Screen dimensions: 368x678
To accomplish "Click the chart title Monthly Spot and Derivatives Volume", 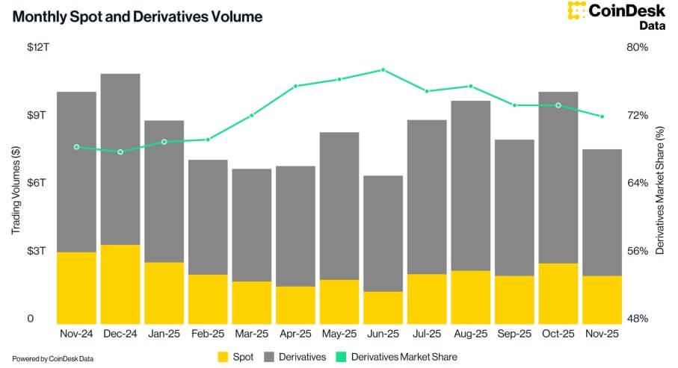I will (x=137, y=16).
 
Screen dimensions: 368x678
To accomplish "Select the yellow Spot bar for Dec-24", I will (x=120, y=283).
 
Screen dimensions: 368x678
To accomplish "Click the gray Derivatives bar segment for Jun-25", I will (x=383, y=233).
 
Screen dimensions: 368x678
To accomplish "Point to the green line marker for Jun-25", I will (x=383, y=69).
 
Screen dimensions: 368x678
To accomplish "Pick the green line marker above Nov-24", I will (x=76, y=147).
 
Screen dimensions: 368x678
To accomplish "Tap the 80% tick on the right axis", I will (x=638, y=47).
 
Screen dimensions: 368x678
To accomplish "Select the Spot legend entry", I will (x=235, y=357).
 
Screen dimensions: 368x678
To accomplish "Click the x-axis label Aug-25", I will (x=470, y=334).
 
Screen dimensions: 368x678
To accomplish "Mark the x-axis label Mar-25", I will (x=251, y=334).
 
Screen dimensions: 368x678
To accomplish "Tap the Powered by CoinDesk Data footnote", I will (x=52, y=358).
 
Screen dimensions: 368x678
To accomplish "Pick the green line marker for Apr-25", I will (x=295, y=87).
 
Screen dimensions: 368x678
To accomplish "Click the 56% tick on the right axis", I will (x=638, y=251).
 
